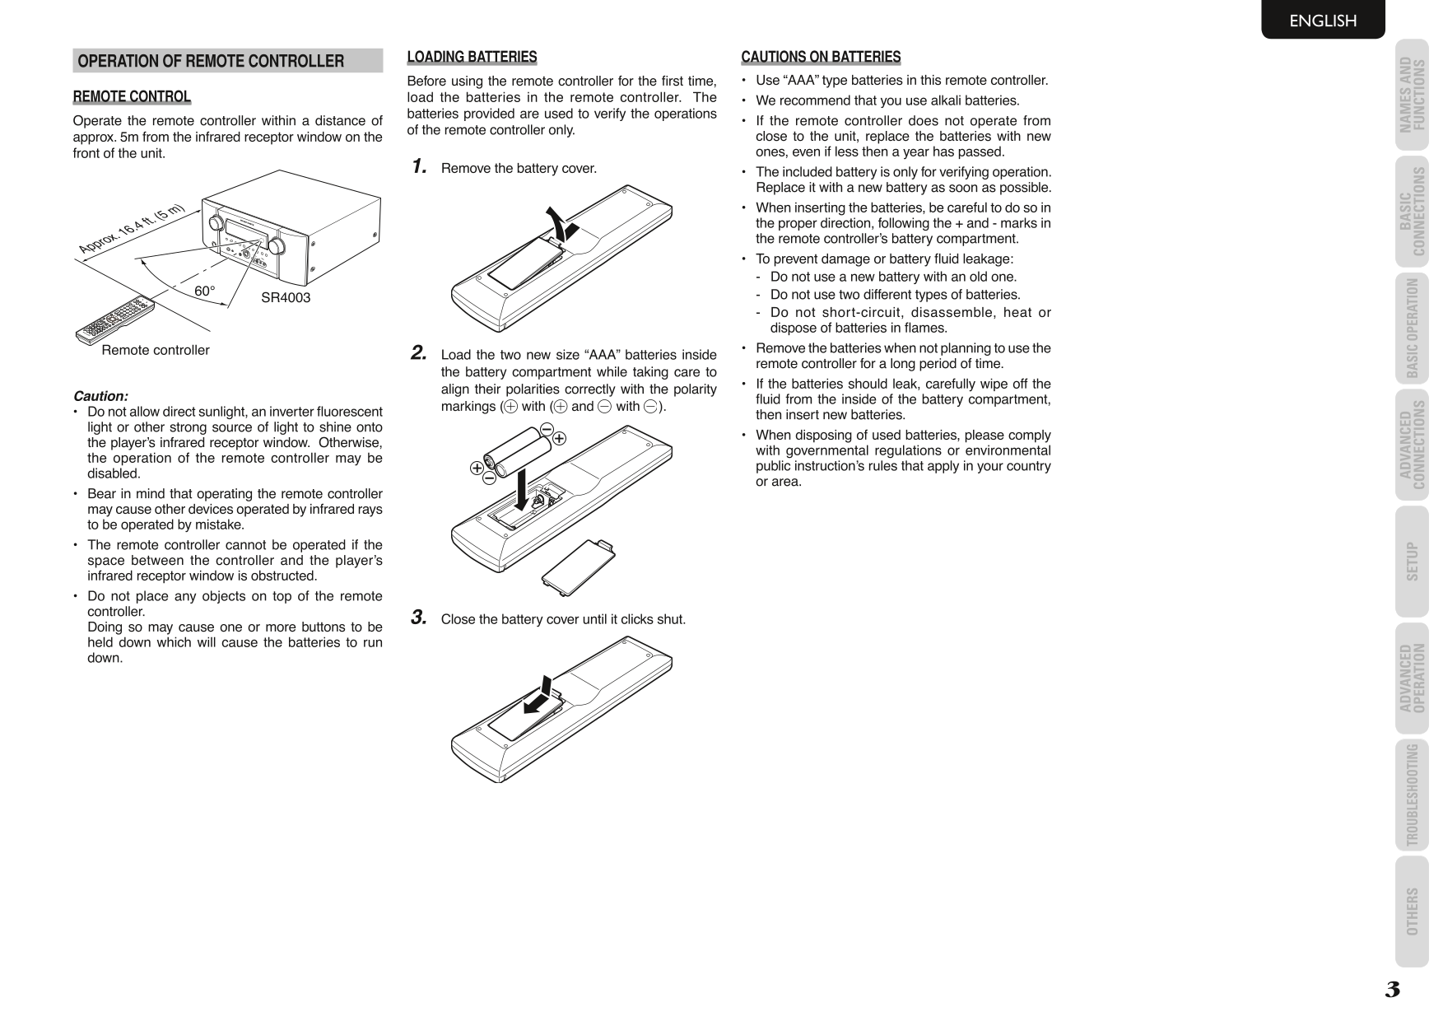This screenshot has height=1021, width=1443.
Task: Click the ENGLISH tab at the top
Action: point(1322,21)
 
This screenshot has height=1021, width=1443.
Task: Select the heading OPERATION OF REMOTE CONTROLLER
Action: point(211,61)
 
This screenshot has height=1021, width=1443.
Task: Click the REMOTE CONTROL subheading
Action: point(132,97)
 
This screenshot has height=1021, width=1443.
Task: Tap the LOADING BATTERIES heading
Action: point(472,57)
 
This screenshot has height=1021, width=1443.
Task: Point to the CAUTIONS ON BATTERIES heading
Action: point(821,57)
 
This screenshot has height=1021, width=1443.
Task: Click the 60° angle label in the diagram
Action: point(204,291)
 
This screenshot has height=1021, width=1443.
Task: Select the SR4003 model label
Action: point(286,298)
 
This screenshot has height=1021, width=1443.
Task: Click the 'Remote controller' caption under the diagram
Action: point(156,350)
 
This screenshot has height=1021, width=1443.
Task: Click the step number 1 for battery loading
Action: point(419,167)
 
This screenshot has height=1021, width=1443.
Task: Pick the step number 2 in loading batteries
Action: point(419,353)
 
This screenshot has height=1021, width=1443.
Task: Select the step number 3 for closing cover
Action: point(419,618)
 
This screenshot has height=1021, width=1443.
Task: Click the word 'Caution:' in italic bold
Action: point(100,396)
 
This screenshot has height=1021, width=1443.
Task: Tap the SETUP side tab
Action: point(1412,562)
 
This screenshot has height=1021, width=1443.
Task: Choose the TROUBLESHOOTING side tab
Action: point(1412,795)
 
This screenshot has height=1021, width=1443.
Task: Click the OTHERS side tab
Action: point(1412,911)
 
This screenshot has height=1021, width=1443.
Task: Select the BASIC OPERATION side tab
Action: point(1412,328)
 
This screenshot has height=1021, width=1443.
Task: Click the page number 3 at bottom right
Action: point(1392,990)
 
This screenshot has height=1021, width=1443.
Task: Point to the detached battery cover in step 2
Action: point(579,565)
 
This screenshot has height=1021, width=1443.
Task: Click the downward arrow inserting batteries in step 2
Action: point(521,489)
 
